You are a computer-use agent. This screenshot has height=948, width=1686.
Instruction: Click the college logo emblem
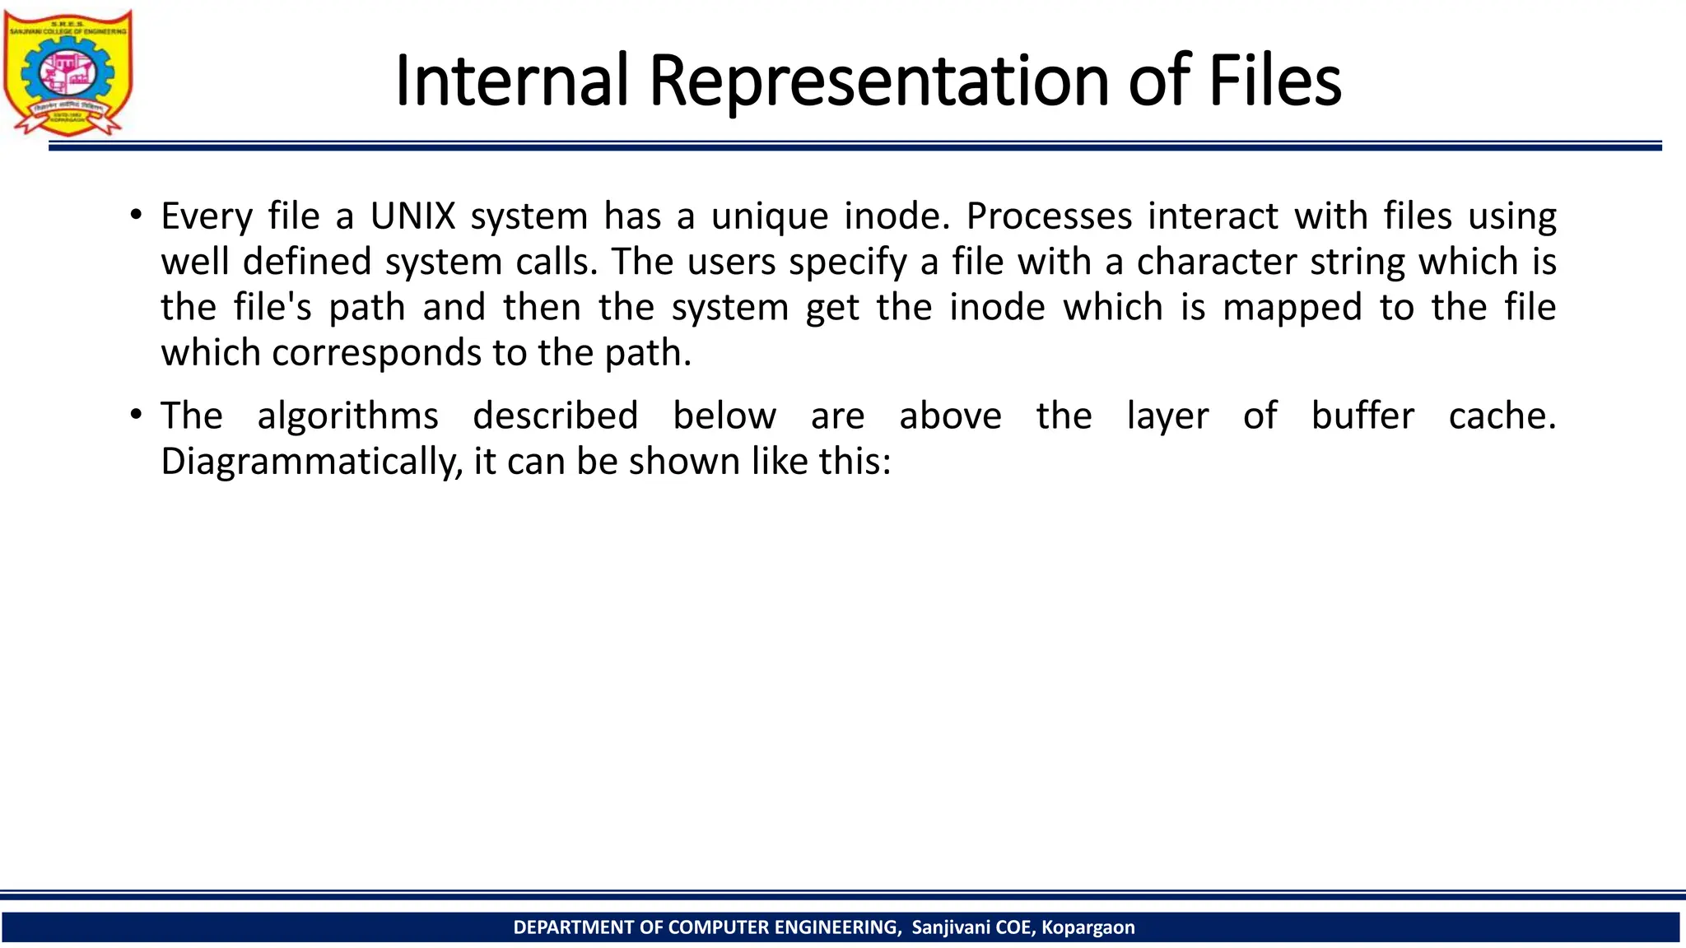(x=68, y=72)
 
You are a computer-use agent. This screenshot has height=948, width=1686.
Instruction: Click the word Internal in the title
(x=511, y=81)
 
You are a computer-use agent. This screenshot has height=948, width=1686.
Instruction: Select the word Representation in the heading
(x=879, y=81)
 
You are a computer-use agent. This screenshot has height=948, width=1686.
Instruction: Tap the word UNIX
(x=412, y=216)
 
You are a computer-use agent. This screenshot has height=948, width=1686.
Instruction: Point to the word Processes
(x=1049, y=216)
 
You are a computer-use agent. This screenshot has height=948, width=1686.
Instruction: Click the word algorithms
(x=348, y=416)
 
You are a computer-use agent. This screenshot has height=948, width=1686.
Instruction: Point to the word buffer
(x=1362, y=416)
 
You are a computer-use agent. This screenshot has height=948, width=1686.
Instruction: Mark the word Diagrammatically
(x=312, y=462)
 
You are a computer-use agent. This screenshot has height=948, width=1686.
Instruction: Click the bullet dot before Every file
(x=136, y=216)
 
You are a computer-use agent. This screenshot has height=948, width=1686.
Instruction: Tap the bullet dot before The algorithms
(x=136, y=415)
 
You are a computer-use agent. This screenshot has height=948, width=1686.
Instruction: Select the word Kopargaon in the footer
(x=1088, y=927)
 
